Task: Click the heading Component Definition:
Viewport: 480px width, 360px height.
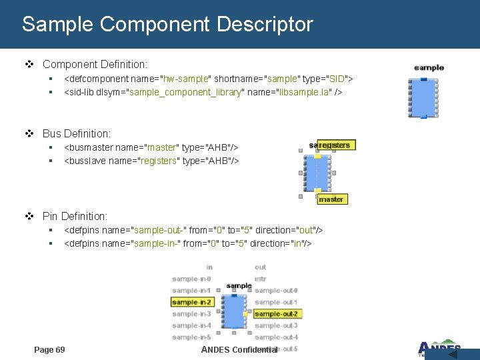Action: coord(95,65)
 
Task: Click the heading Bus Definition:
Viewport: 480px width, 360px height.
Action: coord(77,134)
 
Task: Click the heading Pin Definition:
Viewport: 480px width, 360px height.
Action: coord(75,216)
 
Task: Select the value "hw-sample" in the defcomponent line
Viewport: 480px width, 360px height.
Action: coord(186,79)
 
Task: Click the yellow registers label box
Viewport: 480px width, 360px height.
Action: coord(334,145)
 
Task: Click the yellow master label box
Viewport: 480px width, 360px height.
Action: coord(331,199)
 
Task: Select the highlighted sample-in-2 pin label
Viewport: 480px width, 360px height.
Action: coord(191,302)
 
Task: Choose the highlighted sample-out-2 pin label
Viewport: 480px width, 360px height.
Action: coord(276,313)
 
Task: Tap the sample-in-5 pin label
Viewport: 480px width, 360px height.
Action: coord(191,337)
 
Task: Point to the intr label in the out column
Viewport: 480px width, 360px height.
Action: coord(261,279)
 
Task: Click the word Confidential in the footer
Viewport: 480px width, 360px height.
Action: coord(254,349)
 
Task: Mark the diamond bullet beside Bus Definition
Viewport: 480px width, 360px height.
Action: coord(29,134)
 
